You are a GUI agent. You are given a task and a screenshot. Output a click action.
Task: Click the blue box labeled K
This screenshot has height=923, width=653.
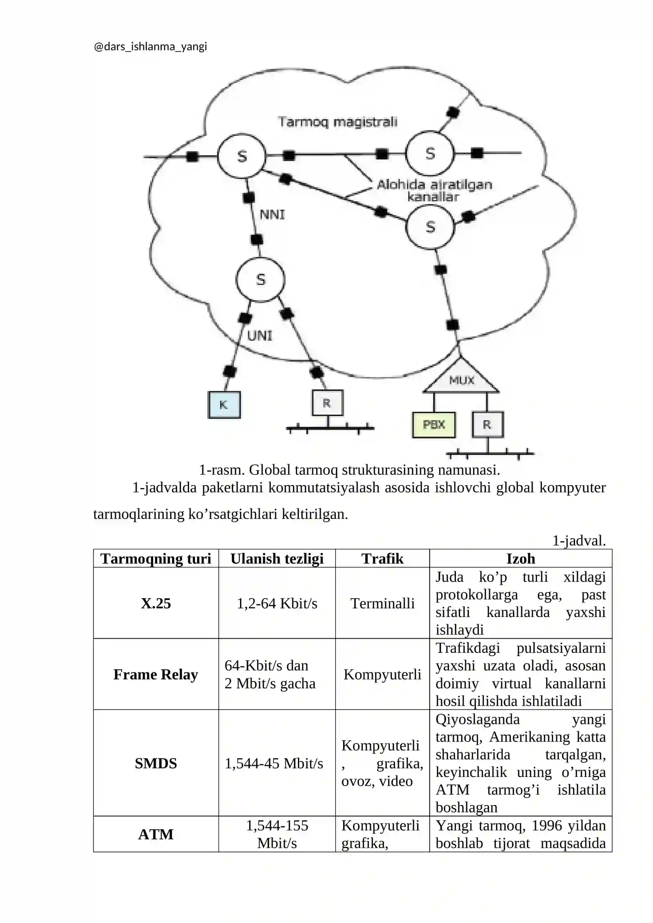click(224, 404)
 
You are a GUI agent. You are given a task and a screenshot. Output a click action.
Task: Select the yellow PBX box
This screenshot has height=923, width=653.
click(434, 425)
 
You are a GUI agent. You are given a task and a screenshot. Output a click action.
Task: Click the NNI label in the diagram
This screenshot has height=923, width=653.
click(272, 214)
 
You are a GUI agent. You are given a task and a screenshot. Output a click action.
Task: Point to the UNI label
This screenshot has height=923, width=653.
click(260, 335)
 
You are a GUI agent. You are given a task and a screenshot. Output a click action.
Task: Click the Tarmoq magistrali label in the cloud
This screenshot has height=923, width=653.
click(338, 122)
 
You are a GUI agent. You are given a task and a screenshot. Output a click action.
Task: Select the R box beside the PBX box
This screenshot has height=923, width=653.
click(488, 425)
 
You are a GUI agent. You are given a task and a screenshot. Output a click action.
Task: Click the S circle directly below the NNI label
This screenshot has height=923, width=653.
click(260, 280)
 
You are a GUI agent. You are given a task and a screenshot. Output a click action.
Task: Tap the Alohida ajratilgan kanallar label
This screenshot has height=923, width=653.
click(434, 191)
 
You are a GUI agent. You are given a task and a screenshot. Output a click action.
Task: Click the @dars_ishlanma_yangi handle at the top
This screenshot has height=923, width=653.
click(151, 47)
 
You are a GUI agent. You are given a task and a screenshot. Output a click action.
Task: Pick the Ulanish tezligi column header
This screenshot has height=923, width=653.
click(277, 558)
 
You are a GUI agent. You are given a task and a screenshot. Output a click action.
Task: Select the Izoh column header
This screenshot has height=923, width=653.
click(520, 558)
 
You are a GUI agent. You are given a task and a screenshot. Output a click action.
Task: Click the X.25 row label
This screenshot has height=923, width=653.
click(156, 603)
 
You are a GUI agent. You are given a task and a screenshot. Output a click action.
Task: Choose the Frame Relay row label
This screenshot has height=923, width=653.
click(156, 674)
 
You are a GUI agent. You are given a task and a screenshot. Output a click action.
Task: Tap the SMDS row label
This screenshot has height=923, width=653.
click(156, 763)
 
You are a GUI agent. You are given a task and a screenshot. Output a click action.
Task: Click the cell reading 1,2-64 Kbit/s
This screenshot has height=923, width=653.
click(277, 603)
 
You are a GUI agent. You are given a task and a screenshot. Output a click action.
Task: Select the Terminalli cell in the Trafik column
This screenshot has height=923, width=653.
click(382, 603)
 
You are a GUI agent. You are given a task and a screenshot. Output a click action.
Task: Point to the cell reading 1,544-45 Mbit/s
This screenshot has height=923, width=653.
click(274, 763)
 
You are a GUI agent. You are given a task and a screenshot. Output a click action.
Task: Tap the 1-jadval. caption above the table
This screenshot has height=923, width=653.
click(579, 541)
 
